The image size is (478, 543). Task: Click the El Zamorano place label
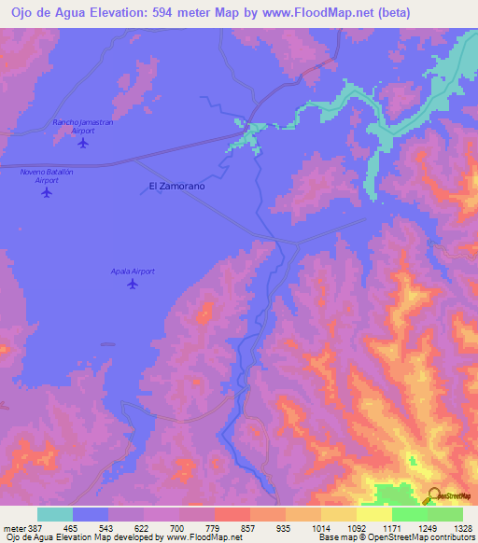coord(176,187)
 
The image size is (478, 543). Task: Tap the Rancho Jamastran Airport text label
coord(83,126)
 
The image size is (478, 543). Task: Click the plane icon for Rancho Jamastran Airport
coord(83,143)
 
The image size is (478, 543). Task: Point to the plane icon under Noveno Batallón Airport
coord(47,193)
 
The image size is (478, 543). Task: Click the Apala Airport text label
coord(133,271)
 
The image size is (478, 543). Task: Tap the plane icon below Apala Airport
coord(133,285)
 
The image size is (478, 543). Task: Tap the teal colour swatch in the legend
coord(55,514)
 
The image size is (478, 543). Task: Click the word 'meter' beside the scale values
coord(14,527)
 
